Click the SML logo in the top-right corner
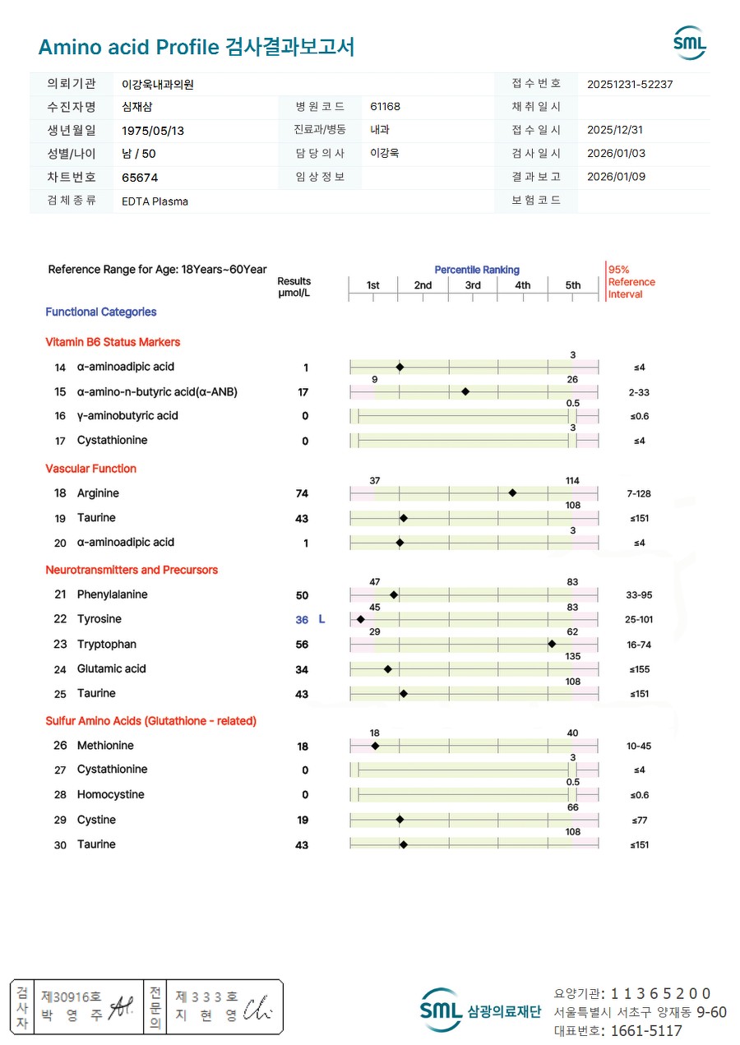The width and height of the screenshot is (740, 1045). point(689,43)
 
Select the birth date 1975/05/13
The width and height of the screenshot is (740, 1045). point(153,131)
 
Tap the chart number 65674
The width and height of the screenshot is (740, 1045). point(140,178)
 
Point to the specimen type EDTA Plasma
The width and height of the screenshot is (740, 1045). point(155,201)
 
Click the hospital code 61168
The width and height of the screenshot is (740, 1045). point(386,107)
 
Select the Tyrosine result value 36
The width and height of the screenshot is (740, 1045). point(302,620)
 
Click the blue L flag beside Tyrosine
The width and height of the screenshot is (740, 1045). point(321,620)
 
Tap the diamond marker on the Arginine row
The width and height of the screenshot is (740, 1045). point(512,493)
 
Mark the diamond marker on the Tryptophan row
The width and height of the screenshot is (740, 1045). point(552,645)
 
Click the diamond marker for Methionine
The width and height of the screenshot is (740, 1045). point(375,746)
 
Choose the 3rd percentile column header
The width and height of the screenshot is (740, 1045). point(473,285)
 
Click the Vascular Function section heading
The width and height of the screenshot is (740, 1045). point(90,469)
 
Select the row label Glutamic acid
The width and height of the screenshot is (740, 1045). point(112,669)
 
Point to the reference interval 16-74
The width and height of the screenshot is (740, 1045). point(638,645)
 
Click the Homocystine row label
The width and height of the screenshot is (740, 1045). point(110,795)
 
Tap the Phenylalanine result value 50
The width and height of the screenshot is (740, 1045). point(302,595)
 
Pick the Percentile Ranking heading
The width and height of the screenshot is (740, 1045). point(477,270)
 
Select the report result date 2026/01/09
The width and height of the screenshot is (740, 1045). point(617,177)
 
